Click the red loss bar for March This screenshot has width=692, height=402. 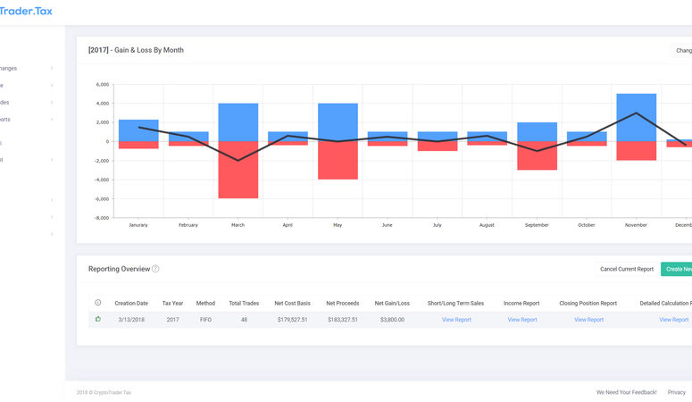[238, 170]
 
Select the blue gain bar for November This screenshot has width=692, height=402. [636, 117]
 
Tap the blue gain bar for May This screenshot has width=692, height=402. [338, 122]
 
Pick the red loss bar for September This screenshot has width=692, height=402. [537, 155]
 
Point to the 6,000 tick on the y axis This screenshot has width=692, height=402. [102, 85]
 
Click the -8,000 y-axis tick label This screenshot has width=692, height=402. [101, 217]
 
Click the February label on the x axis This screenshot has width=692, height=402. [188, 225]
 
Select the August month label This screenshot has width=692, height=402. [487, 225]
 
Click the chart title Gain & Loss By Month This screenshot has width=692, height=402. [136, 50]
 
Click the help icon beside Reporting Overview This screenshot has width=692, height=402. [155, 269]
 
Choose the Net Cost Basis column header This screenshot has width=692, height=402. [291, 303]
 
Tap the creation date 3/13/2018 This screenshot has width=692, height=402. [131, 319]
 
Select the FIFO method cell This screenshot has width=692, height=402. [205, 319]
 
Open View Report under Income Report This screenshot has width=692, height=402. [522, 319]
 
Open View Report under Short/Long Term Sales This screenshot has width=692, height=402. [456, 319]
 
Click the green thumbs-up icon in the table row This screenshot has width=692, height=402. [98, 318]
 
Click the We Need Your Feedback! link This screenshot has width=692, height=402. [626, 392]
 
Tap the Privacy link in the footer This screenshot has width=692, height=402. [677, 392]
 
